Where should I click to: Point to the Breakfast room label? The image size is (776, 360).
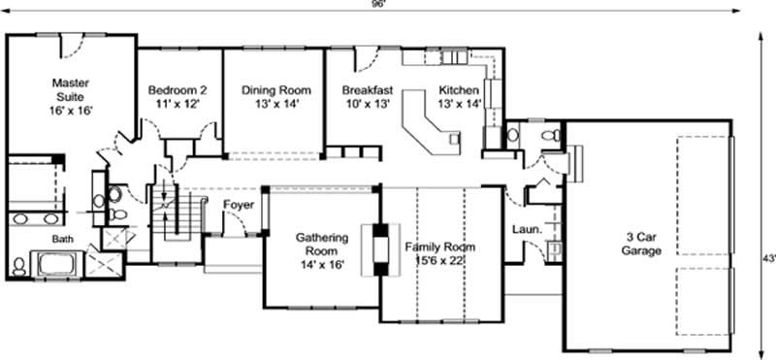click(x=367, y=89)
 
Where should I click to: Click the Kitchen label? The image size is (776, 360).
click(x=459, y=89)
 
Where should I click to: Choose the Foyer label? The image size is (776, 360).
click(x=239, y=205)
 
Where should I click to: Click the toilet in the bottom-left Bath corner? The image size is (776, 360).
click(x=18, y=264)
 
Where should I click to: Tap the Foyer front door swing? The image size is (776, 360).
click(x=233, y=225)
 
